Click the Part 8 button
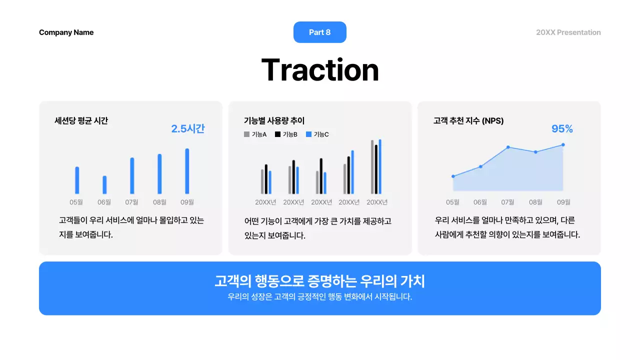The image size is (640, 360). pos(319,32)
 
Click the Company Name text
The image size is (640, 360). pos(66,32)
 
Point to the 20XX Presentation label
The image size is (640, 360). pos(568,32)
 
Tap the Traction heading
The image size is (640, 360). pos(320,70)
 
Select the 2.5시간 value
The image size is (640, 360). pos(188,128)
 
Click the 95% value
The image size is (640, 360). pos(562,129)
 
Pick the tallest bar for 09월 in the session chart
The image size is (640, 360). pos(187,171)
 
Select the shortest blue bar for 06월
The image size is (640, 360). pos(104,184)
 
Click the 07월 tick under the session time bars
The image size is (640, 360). pos(132,202)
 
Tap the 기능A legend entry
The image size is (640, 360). pos(255,134)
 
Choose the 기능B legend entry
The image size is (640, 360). pos(286,134)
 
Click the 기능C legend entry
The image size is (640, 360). pos(317,134)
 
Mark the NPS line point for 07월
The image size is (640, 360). pos(508,147)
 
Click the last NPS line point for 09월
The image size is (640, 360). pos(563,145)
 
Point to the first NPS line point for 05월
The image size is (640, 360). pos(453,176)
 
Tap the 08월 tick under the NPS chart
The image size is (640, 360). pos(535,202)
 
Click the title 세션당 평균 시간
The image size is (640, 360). pos(81,120)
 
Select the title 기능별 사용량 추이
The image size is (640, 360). pos(274,120)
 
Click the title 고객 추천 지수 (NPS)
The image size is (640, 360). pos(468,120)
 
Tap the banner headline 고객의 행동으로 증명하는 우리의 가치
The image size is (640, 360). pos(319,281)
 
